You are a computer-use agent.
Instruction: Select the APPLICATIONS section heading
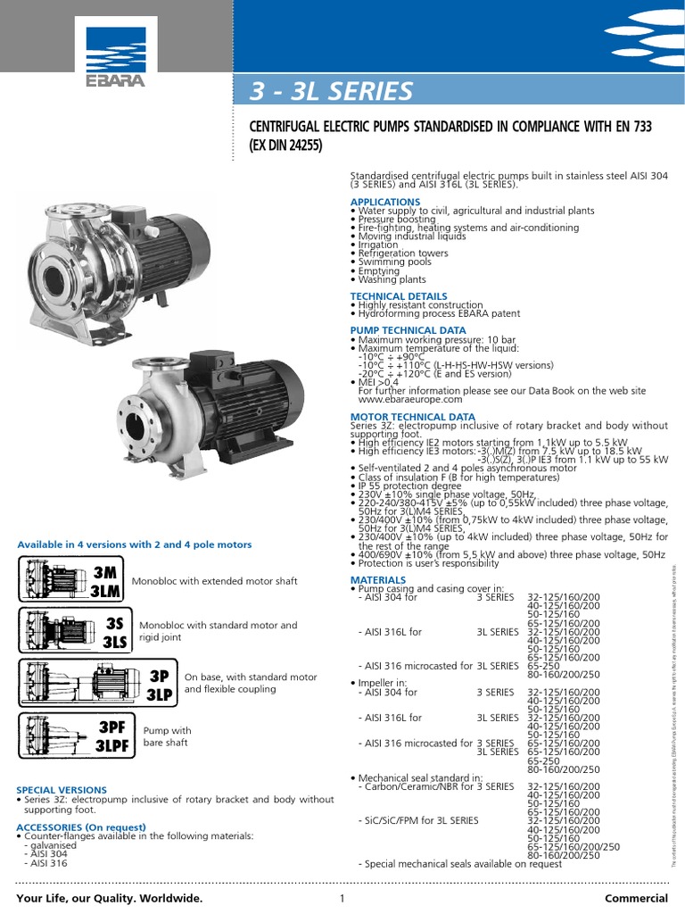click(x=384, y=203)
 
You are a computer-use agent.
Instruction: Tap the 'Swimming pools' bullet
click(x=394, y=262)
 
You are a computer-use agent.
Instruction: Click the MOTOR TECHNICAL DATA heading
click(x=413, y=417)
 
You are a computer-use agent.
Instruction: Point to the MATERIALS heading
click(x=378, y=580)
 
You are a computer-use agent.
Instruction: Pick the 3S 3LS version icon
click(x=73, y=631)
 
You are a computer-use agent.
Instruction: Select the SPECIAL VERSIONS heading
click(x=62, y=790)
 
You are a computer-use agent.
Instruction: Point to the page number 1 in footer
click(x=342, y=898)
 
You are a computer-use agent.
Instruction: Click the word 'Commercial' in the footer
click(x=635, y=898)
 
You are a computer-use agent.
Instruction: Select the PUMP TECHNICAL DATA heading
click(x=408, y=330)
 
